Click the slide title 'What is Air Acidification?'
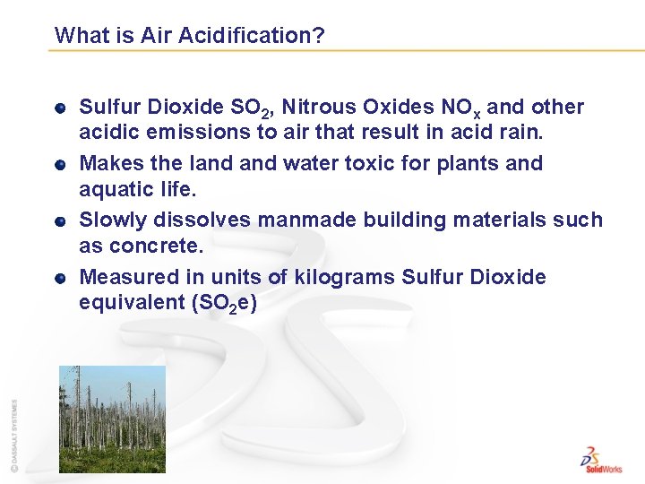pos(189,36)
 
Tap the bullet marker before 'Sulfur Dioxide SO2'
pos(59,108)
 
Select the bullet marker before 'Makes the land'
pos(59,165)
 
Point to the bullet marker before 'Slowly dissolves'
pos(59,221)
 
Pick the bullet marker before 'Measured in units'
pos(59,278)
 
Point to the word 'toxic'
pos(363,164)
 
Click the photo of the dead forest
pos(112,419)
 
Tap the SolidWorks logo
pos(601,458)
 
